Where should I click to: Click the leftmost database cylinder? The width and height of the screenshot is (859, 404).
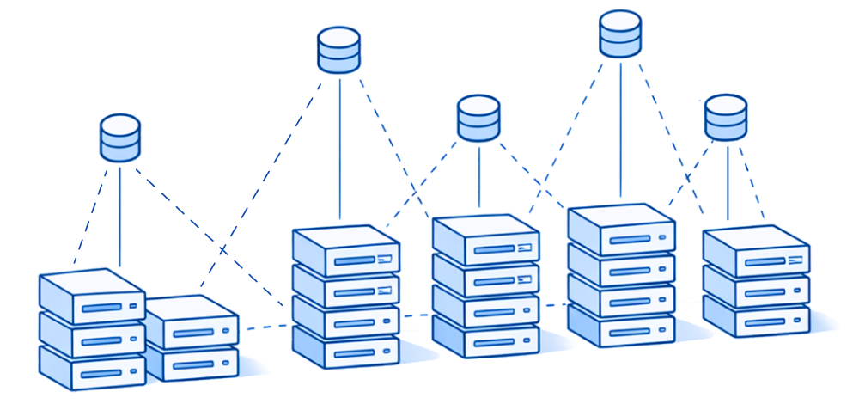tap(120, 138)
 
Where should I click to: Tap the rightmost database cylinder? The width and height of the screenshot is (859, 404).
tap(726, 118)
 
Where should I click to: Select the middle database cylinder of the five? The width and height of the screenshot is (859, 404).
tap(478, 118)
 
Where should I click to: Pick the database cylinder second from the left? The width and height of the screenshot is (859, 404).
tap(339, 50)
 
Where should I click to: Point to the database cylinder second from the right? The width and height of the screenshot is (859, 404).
tap(619, 34)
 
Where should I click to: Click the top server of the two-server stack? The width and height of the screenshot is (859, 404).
tap(191, 323)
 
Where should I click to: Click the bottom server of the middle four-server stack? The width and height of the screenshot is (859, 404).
tap(485, 337)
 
